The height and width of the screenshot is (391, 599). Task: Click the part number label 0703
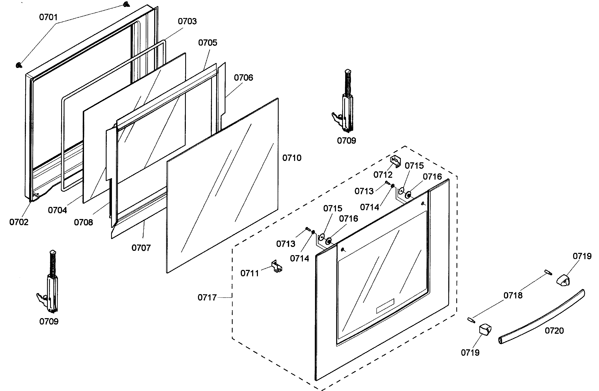click(187, 21)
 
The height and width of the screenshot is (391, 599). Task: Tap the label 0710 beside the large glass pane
click(292, 158)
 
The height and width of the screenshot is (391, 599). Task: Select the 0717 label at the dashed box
click(207, 298)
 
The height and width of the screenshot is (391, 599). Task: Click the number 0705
click(207, 43)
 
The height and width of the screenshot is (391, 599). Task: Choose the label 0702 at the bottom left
click(19, 222)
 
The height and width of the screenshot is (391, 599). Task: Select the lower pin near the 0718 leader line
click(471, 320)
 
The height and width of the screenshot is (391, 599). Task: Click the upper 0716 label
click(432, 177)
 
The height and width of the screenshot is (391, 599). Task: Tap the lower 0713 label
click(286, 244)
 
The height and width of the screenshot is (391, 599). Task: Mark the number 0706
click(243, 78)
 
